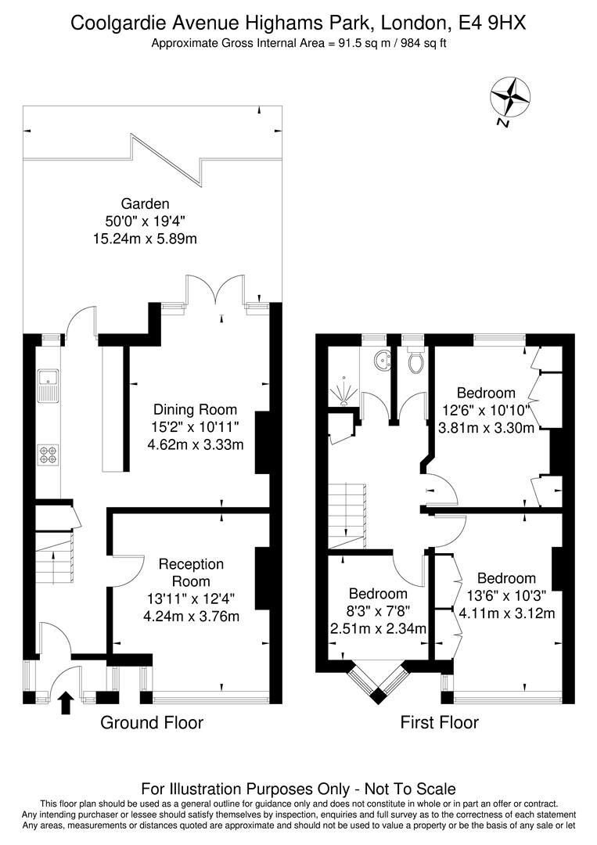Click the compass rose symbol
pos(509,98)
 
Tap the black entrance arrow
pos(66,702)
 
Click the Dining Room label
pos(195,409)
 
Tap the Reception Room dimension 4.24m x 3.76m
pos(192,616)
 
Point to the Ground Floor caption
pos(152,722)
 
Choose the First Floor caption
pos(439,722)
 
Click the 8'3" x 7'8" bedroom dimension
pos(379,611)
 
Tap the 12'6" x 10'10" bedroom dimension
pos(486,410)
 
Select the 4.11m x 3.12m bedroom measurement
pos(506,613)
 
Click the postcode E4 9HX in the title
pos(490,23)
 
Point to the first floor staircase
pos(347,516)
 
